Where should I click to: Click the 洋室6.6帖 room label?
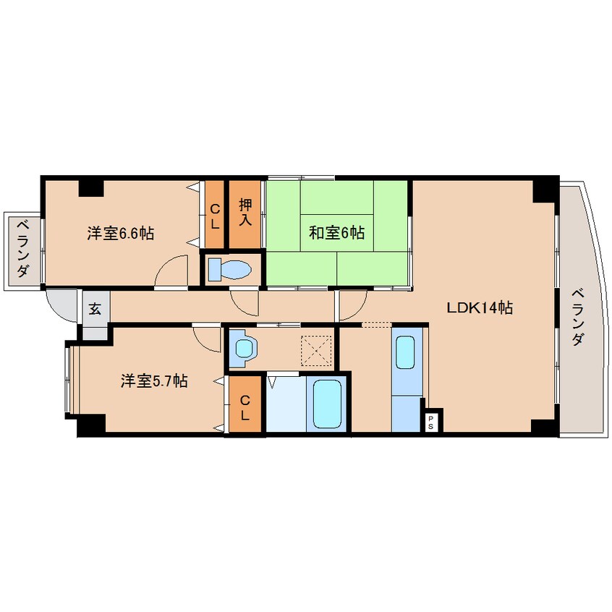[120, 234]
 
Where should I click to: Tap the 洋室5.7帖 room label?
[154, 381]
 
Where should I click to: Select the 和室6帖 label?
[336, 233]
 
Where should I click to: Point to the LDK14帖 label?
[479, 307]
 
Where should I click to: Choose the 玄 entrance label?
[95, 308]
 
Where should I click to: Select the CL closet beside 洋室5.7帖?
[245, 407]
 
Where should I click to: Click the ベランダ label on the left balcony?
[22, 249]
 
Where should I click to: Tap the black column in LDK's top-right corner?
[545, 189]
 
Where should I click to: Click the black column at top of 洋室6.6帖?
[91, 187]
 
